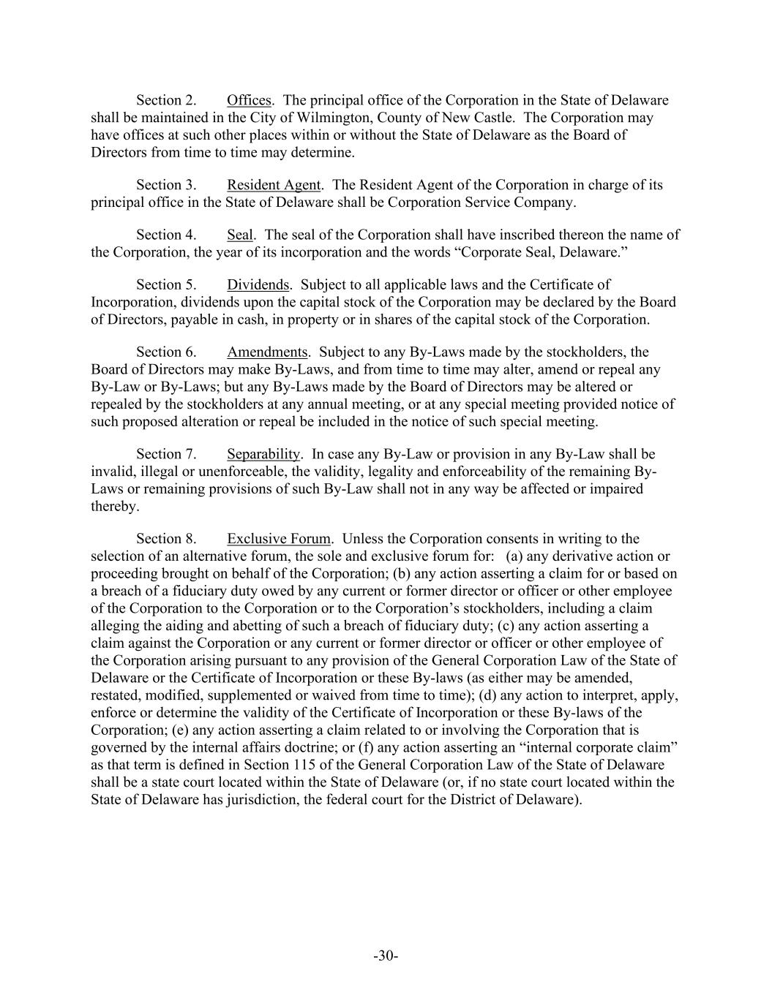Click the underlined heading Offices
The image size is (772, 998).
click(249, 100)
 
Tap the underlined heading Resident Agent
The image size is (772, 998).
click(274, 185)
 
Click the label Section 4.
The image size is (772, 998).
click(166, 235)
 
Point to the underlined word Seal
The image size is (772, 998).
click(240, 235)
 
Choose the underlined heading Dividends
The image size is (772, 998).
click(258, 284)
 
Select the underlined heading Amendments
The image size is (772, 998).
click(267, 352)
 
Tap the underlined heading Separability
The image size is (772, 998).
click(263, 454)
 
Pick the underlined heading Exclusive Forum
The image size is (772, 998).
click(279, 539)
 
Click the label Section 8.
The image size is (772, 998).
click(166, 539)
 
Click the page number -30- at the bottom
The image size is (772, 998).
click(386, 956)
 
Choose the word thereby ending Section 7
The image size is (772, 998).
click(114, 507)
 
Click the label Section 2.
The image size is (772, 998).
click(166, 100)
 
